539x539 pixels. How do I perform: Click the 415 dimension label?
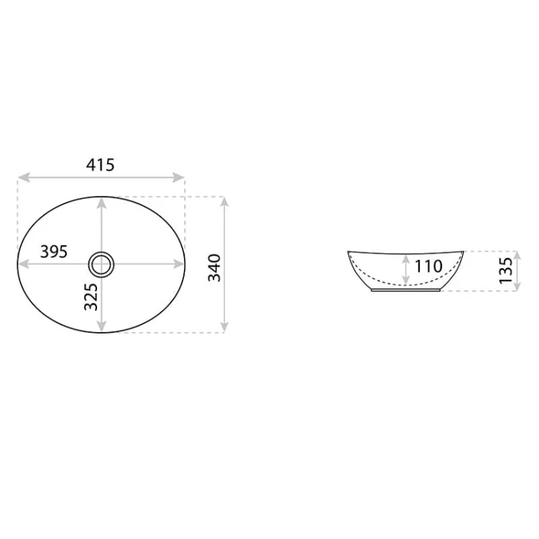[x=100, y=165]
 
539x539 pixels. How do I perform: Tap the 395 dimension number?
[x=54, y=252]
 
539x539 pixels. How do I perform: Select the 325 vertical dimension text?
[x=91, y=297]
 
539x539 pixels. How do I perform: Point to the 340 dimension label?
[x=214, y=268]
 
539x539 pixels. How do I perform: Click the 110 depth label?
[x=428, y=266]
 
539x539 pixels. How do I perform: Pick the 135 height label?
[x=506, y=270]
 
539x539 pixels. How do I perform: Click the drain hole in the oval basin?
[x=101, y=264]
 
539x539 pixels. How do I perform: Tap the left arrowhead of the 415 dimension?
[x=24, y=178]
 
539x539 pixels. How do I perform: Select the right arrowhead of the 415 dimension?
[x=179, y=178]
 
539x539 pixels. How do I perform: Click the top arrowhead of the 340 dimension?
[x=224, y=202]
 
